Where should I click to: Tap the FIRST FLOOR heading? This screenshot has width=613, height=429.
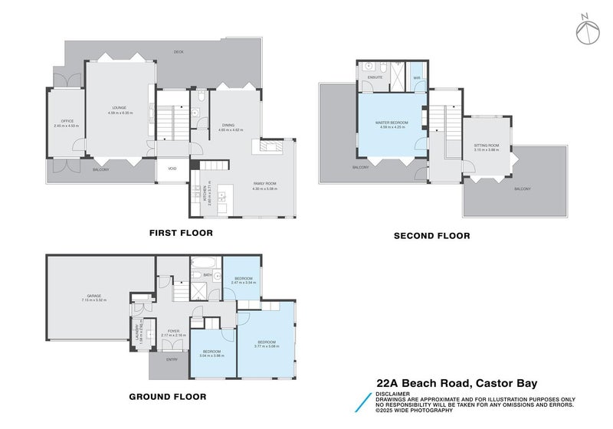181,232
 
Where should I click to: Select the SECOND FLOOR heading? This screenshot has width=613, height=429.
431,236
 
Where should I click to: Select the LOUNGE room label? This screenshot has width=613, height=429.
119,108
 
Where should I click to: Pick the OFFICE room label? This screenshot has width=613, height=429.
67,121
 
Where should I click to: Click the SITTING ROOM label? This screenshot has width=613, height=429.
486,145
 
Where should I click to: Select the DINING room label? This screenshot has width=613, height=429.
228,126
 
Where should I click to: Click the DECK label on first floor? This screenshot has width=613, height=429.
179,52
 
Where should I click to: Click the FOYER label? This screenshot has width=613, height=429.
173,331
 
